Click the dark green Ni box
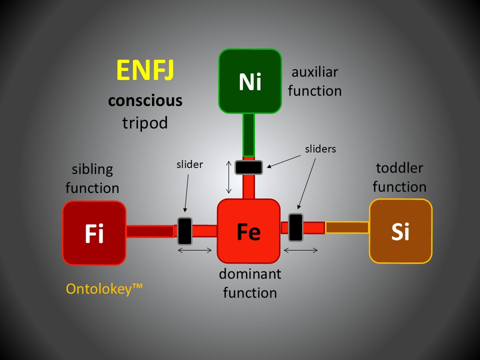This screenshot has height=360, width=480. tap(250, 81)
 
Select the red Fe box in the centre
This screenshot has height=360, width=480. tap(248, 231)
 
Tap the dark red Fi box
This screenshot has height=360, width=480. tap(94, 233)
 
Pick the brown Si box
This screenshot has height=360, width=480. tap(400, 231)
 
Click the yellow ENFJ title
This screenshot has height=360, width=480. tap(145, 70)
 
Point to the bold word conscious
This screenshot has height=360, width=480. tap(145, 100)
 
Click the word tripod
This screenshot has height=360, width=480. tap(145, 122)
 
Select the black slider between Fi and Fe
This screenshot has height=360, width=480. tap(185, 230)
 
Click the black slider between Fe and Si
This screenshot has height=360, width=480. tap(295, 227)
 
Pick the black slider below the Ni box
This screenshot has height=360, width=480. tap(249, 167)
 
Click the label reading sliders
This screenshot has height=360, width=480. tap(320, 148)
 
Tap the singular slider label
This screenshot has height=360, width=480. tap(190, 164)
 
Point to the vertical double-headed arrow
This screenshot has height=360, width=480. tap(229, 177)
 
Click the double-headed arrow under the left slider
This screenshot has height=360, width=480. tap(195, 250)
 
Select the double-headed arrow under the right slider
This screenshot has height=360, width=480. tap(301, 250)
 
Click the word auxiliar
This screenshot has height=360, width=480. tap(314, 72)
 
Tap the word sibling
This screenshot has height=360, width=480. tap(92, 169)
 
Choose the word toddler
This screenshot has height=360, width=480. tap(399, 167)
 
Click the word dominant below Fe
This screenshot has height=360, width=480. tap(250, 274)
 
